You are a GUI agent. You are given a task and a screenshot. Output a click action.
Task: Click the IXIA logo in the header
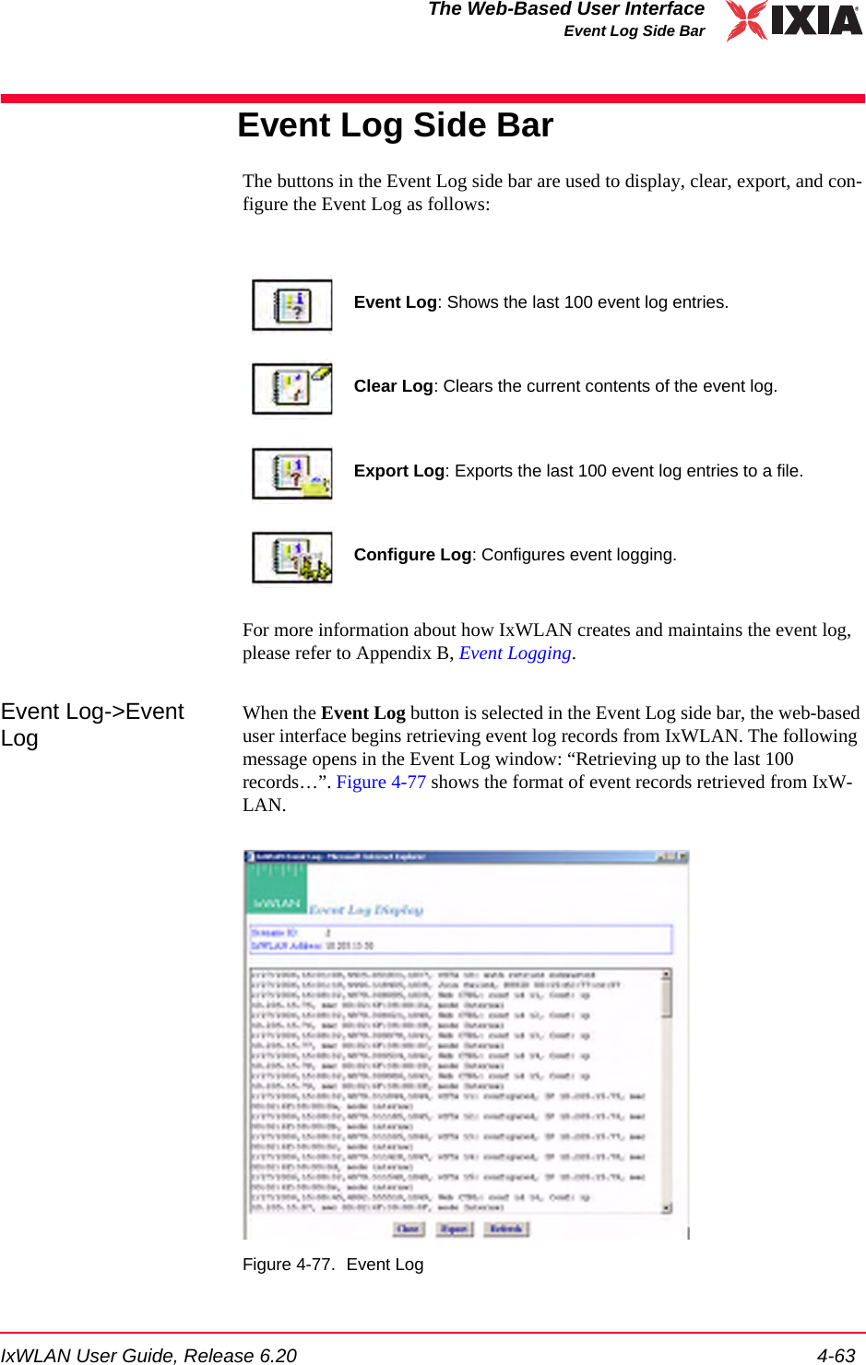click(793, 20)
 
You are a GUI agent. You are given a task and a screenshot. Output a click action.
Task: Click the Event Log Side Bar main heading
click(395, 125)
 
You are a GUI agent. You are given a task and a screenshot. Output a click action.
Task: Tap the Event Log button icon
click(292, 305)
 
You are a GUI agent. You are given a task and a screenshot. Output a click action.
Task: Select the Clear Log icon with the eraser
click(292, 389)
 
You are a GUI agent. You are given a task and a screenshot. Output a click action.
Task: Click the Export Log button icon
click(292, 474)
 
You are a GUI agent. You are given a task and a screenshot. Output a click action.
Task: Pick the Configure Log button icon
click(292, 558)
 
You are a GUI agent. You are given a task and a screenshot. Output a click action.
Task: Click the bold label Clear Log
click(393, 386)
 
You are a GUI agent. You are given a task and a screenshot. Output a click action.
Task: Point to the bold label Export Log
click(398, 471)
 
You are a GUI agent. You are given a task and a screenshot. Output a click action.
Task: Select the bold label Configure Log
click(412, 555)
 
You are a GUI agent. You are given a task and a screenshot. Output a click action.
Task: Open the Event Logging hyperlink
click(515, 653)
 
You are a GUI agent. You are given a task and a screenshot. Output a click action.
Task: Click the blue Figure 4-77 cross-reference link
click(381, 783)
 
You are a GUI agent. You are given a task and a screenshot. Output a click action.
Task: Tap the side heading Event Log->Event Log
click(91, 724)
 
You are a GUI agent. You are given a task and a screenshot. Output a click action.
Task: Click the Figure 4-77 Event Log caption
click(333, 1265)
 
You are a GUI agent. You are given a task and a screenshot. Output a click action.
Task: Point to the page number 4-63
click(836, 1355)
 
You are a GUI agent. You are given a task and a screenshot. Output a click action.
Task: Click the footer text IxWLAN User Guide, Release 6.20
click(148, 1355)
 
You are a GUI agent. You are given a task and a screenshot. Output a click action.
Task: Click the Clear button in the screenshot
click(408, 1229)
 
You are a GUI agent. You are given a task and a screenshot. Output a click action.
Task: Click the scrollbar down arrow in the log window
click(666, 1207)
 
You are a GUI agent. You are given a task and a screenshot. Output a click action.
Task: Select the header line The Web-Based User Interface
click(565, 9)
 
